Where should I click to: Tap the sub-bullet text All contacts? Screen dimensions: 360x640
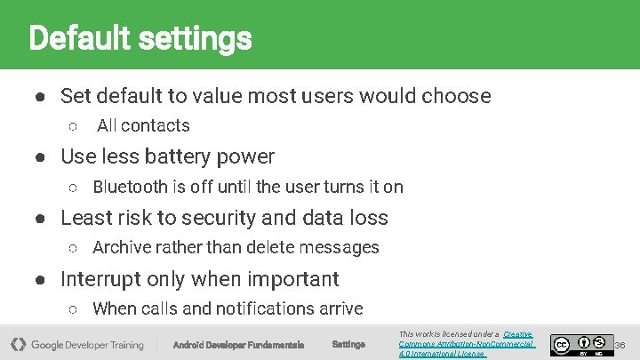coord(143,126)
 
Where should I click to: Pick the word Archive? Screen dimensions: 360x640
coord(122,248)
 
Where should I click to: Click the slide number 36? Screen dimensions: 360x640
coord(620,344)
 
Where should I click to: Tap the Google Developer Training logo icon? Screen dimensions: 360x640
coord(18,344)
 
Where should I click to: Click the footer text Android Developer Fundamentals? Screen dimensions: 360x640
coord(238,345)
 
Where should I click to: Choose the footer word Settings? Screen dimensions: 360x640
coord(348,345)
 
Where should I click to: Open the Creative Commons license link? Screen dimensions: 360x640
coord(467,343)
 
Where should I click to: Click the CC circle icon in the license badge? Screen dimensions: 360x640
coord(561,343)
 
